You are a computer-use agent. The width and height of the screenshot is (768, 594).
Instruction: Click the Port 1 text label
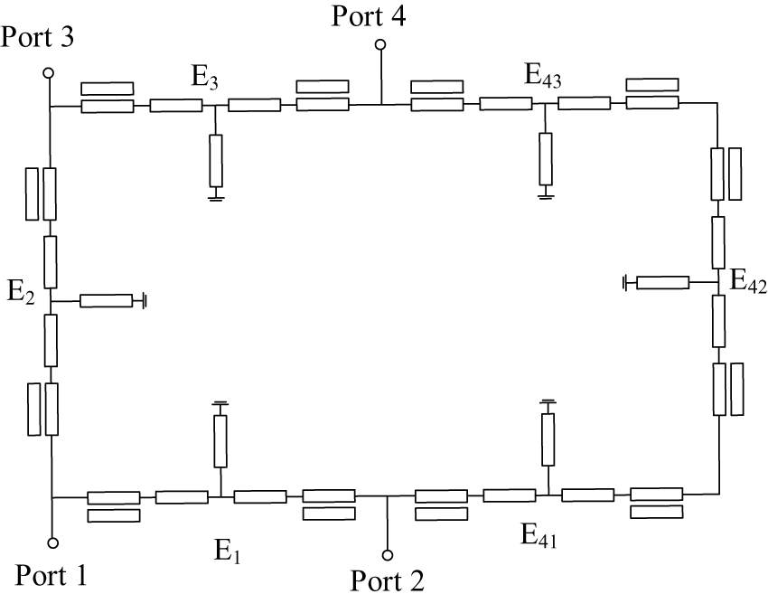click(x=52, y=575)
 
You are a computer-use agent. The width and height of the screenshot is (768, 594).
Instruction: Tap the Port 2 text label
click(x=387, y=580)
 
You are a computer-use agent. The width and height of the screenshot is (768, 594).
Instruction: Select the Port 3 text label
click(x=37, y=37)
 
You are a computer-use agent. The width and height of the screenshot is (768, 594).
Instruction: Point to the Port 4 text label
click(x=369, y=15)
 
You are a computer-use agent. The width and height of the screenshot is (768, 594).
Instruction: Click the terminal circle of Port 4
click(x=380, y=45)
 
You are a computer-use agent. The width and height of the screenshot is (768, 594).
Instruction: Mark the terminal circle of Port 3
click(x=48, y=73)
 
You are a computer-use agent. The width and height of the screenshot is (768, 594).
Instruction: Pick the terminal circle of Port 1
click(x=53, y=542)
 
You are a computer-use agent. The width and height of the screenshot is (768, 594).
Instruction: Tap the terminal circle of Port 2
click(x=388, y=555)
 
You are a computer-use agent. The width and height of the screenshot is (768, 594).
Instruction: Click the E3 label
click(x=205, y=78)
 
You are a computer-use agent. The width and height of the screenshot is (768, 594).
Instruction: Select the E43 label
click(x=543, y=76)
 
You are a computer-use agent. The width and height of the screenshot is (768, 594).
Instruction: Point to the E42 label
click(x=748, y=281)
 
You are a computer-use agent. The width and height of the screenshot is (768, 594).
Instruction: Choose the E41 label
click(x=539, y=534)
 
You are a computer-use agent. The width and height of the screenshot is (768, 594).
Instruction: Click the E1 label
click(x=228, y=551)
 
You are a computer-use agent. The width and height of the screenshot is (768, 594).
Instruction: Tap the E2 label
click(x=21, y=292)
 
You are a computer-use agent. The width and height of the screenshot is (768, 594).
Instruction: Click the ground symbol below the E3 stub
click(x=216, y=197)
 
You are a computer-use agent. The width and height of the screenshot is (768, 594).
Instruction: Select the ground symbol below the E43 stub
click(x=545, y=196)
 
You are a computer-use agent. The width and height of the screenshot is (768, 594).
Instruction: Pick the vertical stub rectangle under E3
click(x=216, y=161)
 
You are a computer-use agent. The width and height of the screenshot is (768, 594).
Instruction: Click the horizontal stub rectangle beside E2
click(x=107, y=301)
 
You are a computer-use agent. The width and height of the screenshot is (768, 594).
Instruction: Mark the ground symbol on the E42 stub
click(x=625, y=283)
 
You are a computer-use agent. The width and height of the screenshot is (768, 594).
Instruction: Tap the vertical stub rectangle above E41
click(x=548, y=439)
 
